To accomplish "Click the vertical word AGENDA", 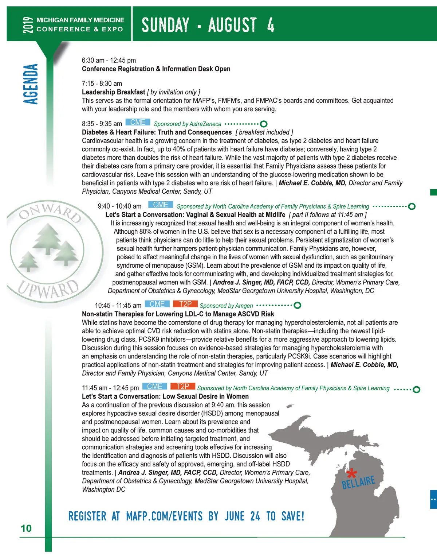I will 31,84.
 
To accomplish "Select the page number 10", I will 26,528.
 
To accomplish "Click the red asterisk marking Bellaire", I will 351,474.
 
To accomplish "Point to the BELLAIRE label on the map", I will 358,482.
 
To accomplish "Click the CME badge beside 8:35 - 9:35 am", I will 138,123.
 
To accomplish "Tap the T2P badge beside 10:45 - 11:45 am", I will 185,304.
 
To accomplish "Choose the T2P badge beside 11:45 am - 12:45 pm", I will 183,387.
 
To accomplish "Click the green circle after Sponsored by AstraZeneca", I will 264,124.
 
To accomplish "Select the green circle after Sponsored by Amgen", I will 297,305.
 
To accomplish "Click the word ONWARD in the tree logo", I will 50,212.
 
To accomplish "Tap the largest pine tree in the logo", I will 47,239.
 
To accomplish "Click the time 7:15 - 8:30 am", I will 102,84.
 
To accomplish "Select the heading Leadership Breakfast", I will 114,92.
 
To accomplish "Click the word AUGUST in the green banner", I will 232,25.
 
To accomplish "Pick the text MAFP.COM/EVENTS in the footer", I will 164,516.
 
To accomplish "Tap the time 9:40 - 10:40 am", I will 119,206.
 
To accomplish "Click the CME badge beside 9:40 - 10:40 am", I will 161,205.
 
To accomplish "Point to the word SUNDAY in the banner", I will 165,25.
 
